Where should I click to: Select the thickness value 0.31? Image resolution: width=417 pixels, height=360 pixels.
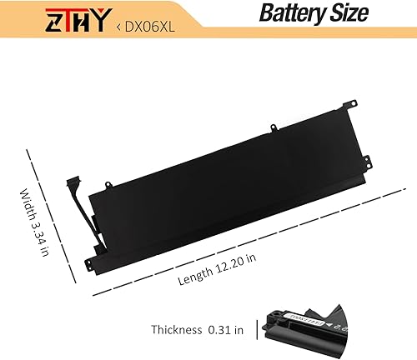225,329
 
